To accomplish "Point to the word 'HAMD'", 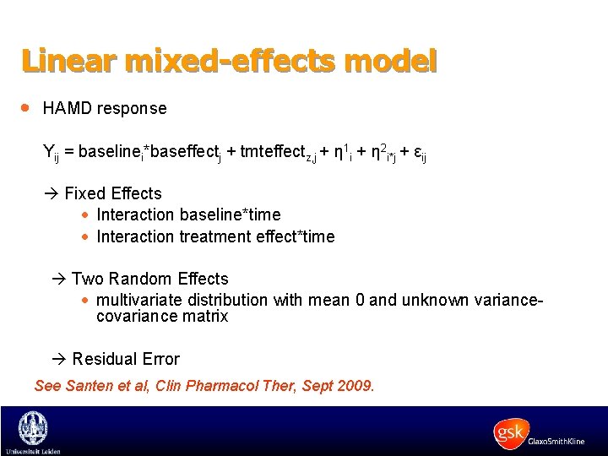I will [x=68, y=109].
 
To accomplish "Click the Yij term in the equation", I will [x=50, y=153].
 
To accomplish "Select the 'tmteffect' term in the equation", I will [x=272, y=152].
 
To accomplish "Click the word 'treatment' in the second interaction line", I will [x=208, y=236].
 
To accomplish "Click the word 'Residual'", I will [x=103, y=359].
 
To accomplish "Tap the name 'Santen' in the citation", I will [x=89, y=386].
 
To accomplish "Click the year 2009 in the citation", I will [x=355, y=386].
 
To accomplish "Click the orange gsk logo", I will [x=512, y=432].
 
